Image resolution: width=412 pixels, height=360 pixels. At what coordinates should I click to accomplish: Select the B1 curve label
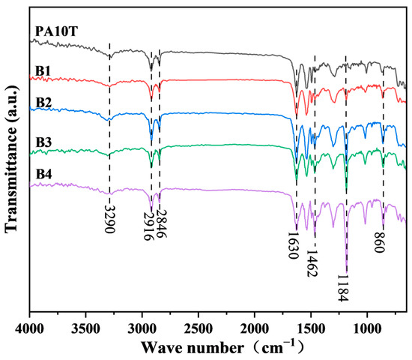click(42, 71)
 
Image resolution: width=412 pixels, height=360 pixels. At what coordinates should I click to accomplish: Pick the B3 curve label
click(42, 140)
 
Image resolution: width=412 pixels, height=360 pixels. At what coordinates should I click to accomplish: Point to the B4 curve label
click(42, 174)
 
